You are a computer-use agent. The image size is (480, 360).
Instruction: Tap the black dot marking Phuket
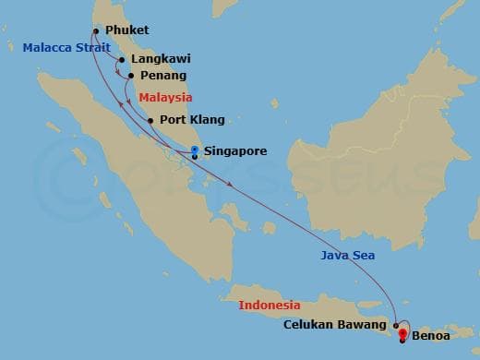click(x=96, y=30)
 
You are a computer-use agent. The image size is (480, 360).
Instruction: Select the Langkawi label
click(x=154, y=59)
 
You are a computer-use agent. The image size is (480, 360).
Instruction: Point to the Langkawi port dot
click(x=121, y=60)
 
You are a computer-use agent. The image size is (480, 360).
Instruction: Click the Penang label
click(x=163, y=76)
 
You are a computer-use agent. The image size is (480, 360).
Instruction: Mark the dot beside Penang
click(x=131, y=76)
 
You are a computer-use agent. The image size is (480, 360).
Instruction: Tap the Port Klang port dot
click(x=150, y=120)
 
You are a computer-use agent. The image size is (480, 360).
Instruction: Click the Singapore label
click(x=235, y=150)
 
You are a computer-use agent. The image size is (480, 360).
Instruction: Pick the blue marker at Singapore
click(x=194, y=150)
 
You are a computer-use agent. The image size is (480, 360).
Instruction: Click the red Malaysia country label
click(x=165, y=97)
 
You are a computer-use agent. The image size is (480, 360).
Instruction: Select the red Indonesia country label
click(x=270, y=305)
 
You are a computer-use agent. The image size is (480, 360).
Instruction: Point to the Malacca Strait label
click(x=57, y=47)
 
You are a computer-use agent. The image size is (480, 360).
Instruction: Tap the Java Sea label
click(x=347, y=256)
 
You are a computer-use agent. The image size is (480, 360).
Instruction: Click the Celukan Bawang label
click(x=336, y=324)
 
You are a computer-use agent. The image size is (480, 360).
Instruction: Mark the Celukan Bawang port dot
click(x=395, y=326)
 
